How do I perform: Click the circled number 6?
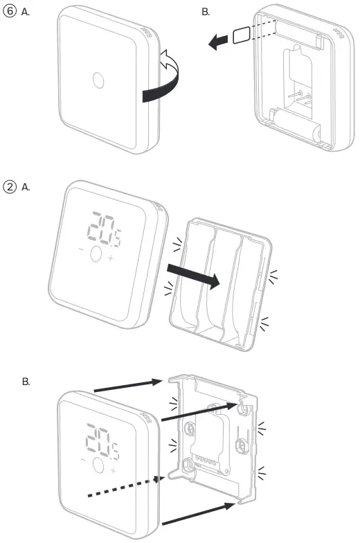(10, 11)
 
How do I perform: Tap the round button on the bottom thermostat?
(95, 463)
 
